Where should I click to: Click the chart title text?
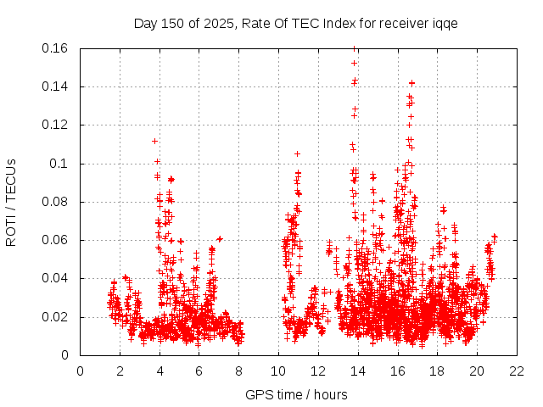[x=295, y=23]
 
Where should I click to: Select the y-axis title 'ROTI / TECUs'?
[x=11, y=202]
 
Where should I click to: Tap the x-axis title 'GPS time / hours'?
[x=295, y=394]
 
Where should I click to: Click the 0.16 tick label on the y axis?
[x=56, y=48]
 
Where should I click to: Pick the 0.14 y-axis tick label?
[x=56, y=86]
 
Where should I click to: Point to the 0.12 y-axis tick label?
[x=56, y=125]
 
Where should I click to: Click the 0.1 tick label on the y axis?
[x=61, y=164]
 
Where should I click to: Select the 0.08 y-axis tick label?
[x=56, y=202]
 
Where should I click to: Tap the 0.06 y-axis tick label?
[x=56, y=240]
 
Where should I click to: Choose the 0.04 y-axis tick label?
[x=56, y=278]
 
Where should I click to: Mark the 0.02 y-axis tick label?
[x=56, y=317]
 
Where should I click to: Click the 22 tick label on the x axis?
[x=516, y=371]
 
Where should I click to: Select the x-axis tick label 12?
[x=317, y=371]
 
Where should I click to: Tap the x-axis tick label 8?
[x=238, y=371]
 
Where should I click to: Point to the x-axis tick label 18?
[x=436, y=371]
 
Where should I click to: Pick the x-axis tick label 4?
[x=160, y=371]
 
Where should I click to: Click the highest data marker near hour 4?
[x=154, y=141]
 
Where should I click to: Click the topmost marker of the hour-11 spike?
[x=297, y=153]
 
